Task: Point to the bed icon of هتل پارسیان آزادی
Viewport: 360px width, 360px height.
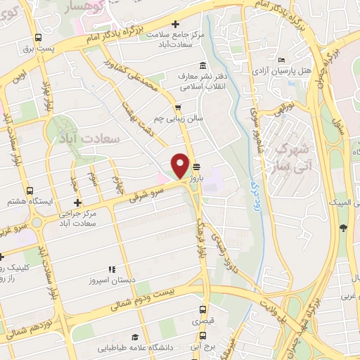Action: (282, 60)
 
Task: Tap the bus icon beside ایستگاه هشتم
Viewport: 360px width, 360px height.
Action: (30, 191)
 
